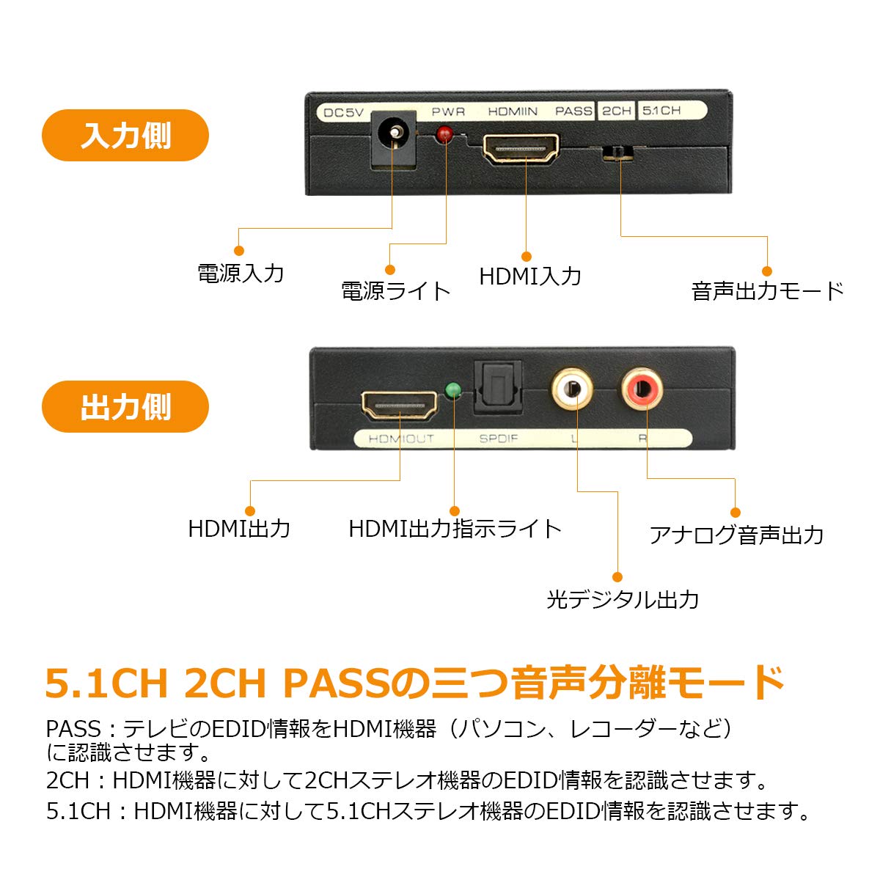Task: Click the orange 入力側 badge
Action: click(x=125, y=136)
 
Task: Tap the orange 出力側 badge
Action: click(x=125, y=407)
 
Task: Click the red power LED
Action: click(x=444, y=134)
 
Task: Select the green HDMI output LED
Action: click(x=453, y=390)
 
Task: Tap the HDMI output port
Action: click(x=400, y=405)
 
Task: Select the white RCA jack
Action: click(x=573, y=389)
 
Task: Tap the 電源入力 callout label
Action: click(x=241, y=274)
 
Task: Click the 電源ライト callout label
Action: click(x=396, y=291)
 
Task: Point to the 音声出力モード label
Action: click(x=768, y=291)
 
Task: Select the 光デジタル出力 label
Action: click(x=623, y=600)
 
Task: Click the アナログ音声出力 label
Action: click(x=736, y=535)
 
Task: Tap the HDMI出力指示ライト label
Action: click(x=455, y=529)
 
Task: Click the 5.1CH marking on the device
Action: click(x=661, y=111)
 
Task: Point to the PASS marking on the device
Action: click(x=573, y=111)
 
